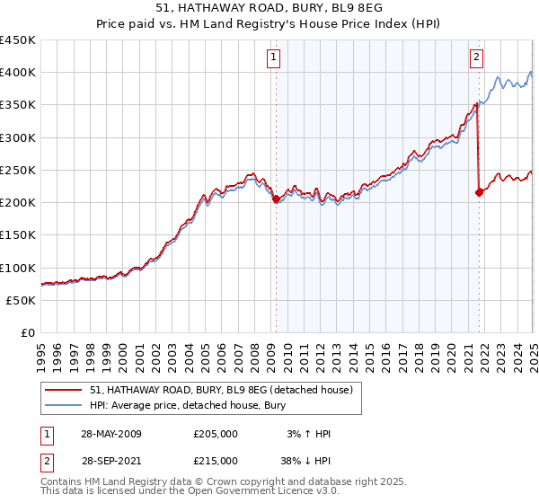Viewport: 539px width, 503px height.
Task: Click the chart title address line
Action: click(269, 9)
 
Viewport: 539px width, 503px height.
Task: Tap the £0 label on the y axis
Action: click(28, 333)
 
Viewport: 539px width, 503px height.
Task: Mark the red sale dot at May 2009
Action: click(276, 199)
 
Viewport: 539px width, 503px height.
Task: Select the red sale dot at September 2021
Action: click(479, 192)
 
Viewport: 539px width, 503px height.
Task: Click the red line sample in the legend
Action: click(64, 390)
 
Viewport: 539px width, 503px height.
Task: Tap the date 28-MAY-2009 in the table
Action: click(110, 434)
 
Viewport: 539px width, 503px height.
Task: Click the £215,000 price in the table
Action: click(216, 460)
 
